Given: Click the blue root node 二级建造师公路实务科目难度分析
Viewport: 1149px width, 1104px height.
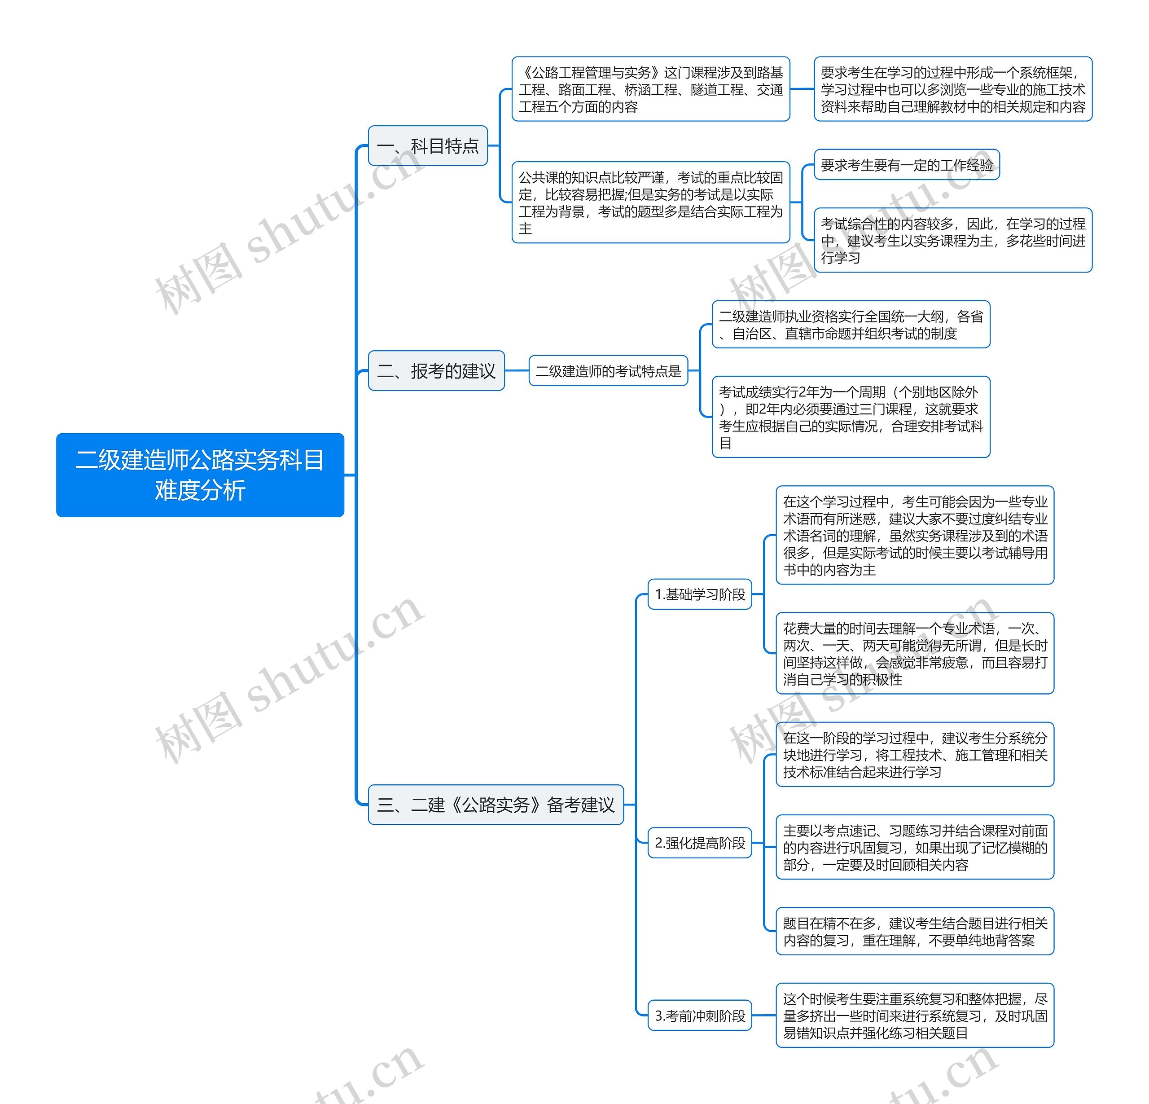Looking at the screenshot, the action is click(200, 475).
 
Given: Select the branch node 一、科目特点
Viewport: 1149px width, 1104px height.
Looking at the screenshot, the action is click(428, 145).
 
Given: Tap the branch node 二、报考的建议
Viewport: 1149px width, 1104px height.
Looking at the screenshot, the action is click(436, 370).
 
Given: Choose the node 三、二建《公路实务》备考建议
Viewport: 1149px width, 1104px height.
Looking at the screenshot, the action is click(496, 805).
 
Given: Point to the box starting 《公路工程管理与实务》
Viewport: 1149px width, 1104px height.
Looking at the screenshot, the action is click(651, 89).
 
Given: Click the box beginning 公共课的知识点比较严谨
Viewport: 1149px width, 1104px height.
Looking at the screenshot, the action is click(651, 202).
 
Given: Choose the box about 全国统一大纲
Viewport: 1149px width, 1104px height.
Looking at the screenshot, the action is click(851, 324).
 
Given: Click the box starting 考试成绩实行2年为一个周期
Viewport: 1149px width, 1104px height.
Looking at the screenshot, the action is click(851, 417).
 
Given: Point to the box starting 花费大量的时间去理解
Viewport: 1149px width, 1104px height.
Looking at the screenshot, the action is click(915, 653).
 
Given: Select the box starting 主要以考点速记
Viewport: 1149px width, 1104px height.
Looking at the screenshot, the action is click(915, 847).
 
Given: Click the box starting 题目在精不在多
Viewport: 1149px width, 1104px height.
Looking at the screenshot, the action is click(915, 931).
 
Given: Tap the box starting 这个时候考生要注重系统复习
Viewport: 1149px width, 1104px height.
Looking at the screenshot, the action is click(915, 1016).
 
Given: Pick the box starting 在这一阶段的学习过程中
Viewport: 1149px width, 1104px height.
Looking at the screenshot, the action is click(915, 755).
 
